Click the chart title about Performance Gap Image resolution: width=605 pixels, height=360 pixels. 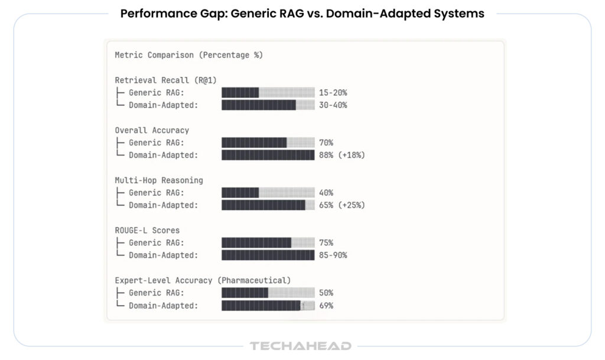(302, 14)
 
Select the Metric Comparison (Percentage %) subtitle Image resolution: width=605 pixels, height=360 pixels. (188, 55)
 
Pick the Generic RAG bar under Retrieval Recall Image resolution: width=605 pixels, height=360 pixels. (268, 93)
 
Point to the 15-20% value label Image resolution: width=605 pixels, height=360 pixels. (333, 93)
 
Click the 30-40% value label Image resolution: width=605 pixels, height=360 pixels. (333, 105)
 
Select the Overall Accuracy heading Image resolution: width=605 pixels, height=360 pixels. (152, 130)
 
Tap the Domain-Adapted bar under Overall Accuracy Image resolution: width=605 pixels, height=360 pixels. (268, 155)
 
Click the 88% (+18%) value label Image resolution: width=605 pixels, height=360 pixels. (341, 155)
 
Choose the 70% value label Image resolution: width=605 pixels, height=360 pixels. (326, 142)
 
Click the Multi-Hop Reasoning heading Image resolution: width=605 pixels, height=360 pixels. (159, 180)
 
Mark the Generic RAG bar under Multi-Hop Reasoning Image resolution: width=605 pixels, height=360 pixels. (268, 193)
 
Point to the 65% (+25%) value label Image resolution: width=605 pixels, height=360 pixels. (341, 205)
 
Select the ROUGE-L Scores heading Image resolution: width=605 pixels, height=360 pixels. (148, 230)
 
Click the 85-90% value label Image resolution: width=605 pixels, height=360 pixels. (333, 255)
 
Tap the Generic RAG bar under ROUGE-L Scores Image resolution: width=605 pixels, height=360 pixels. (268, 242)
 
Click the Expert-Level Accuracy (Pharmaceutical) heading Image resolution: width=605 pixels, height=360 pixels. (203, 280)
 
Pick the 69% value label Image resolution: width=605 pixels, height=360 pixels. (326, 306)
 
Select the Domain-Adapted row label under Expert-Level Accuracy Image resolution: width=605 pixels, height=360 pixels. (163, 306)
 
